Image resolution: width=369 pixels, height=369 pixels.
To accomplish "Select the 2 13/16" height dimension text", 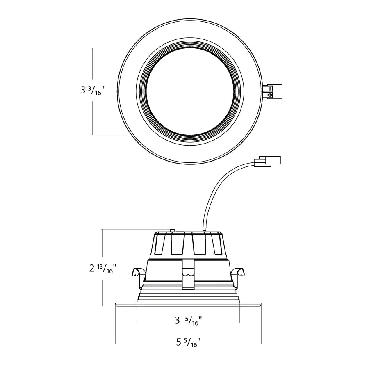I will (102, 269).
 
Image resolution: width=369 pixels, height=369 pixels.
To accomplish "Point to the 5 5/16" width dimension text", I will (189, 342).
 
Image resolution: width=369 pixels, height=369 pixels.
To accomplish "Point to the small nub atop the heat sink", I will (173, 231).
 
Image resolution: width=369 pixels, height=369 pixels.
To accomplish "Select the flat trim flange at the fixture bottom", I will (189, 305).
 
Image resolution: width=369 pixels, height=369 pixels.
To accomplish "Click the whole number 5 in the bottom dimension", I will (179, 342).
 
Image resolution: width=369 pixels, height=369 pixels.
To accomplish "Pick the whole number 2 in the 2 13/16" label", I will (92, 269).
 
